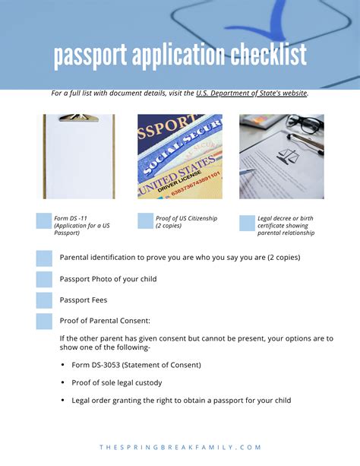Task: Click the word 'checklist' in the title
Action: tap(261, 55)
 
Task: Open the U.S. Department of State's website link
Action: tap(251, 93)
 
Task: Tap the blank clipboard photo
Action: tap(79, 157)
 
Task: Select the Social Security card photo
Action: tap(180, 157)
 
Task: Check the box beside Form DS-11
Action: tap(44, 221)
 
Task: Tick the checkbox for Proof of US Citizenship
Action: tap(145, 221)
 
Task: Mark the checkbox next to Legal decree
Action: tap(247, 223)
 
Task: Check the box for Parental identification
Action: tap(44, 258)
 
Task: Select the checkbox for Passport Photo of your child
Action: tap(44, 279)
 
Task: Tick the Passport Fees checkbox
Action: tap(44, 300)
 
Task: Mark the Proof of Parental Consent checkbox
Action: tap(44, 321)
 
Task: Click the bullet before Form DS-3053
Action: tap(62, 365)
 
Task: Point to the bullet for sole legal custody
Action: tap(62, 382)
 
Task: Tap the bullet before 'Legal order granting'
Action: tap(62, 401)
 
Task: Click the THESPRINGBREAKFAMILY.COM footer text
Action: tap(180, 448)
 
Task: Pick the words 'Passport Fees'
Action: tap(84, 300)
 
